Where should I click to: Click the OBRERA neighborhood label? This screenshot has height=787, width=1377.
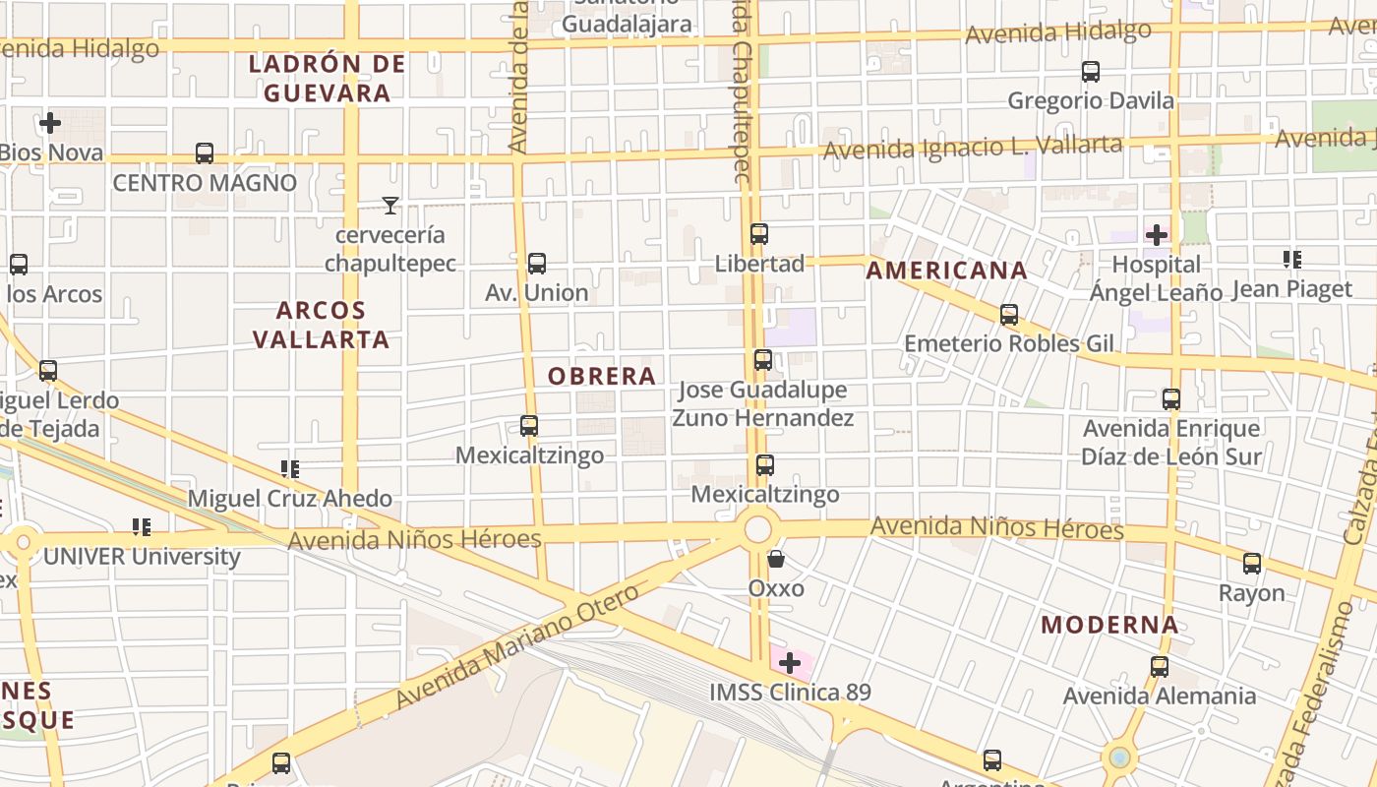(x=601, y=376)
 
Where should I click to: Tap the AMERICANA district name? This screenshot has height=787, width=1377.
(x=946, y=271)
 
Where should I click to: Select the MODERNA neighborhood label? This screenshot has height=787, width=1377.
(x=1109, y=625)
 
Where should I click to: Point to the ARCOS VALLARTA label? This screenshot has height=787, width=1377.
(x=321, y=325)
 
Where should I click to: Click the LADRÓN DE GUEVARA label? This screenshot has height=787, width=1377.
(x=326, y=79)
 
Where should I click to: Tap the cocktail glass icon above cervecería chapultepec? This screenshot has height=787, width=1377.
(x=390, y=206)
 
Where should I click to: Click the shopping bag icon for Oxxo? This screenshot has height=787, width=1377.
(x=776, y=560)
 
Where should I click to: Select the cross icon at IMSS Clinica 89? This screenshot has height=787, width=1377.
(x=789, y=663)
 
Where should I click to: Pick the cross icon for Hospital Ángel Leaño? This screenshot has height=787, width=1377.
(x=1157, y=235)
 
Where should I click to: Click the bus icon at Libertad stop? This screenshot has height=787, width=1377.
(x=759, y=234)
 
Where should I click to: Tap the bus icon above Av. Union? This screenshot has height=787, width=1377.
(x=537, y=264)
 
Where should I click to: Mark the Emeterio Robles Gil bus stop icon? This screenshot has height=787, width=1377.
(x=1009, y=315)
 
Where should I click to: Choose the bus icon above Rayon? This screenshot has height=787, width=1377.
(x=1252, y=564)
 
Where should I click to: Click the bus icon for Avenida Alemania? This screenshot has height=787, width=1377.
(x=1160, y=667)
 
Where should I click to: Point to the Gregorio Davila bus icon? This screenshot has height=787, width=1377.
(x=1091, y=72)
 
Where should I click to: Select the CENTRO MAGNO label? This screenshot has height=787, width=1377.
(x=205, y=183)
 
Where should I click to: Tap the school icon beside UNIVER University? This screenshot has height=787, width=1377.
(x=142, y=527)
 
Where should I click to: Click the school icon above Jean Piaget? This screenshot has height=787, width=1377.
(x=1292, y=260)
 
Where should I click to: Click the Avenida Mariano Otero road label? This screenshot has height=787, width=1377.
(x=517, y=644)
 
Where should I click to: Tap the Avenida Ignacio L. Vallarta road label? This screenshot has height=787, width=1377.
(x=972, y=149)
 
